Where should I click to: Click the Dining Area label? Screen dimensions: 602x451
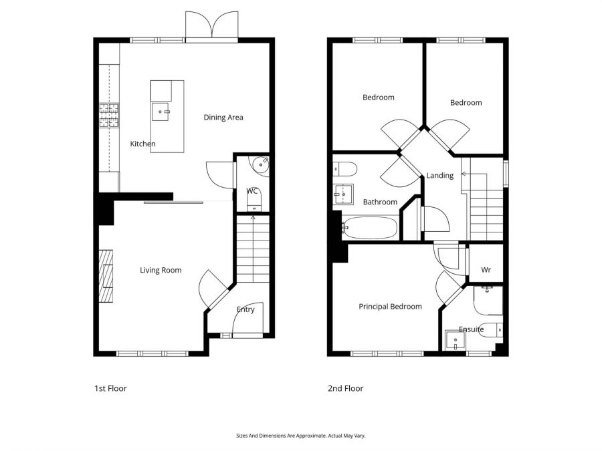(223, 118)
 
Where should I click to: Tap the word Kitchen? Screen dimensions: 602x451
(142, 144)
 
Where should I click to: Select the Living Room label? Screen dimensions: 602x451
(161, 271)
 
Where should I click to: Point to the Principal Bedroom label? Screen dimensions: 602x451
(390, 307)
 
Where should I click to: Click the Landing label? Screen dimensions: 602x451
(440, 176)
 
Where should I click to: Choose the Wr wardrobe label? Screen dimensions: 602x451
(486, 270)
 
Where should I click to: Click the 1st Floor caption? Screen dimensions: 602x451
(110, 388)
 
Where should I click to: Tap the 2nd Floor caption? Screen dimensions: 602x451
(346, 388)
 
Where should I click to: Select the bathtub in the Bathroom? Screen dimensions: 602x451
(369, 228)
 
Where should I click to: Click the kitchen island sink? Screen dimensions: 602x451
(161, 112)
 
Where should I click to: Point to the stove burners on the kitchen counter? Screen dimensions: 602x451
(109, 116)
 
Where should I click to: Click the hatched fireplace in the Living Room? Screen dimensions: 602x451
(106, 276)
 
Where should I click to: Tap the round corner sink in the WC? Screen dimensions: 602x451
(260, 166)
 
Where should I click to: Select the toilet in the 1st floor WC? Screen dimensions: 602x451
(254, 201)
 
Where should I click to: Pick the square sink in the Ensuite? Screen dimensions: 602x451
(455, 341)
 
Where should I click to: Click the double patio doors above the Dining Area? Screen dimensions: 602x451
(211, 25)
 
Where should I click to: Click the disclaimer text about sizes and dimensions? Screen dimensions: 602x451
(300, 436)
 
